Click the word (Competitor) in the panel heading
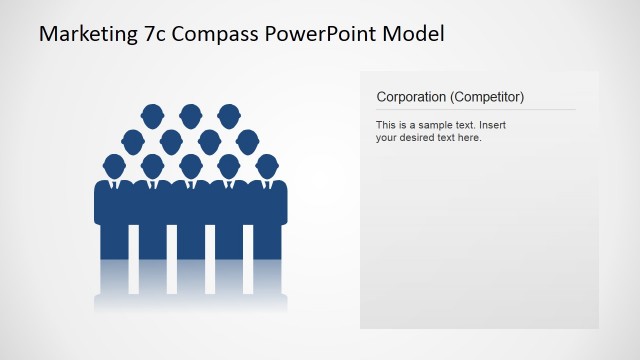(x=487, y=97)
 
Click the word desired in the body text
(x=421, y=138)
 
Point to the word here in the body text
(x=470, y=138)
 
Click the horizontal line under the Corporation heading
(x=476, y=109)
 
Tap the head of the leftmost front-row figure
(x=114, y=165)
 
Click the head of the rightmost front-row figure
(x=266, y=165)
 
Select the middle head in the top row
(x=190, y=115)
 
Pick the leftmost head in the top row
(x=152, y=115)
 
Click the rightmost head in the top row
(x=228, y=115)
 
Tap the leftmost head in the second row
(x=133, y=140)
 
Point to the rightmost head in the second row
(x=247, y=140)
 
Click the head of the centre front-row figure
(x=190, y=165)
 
